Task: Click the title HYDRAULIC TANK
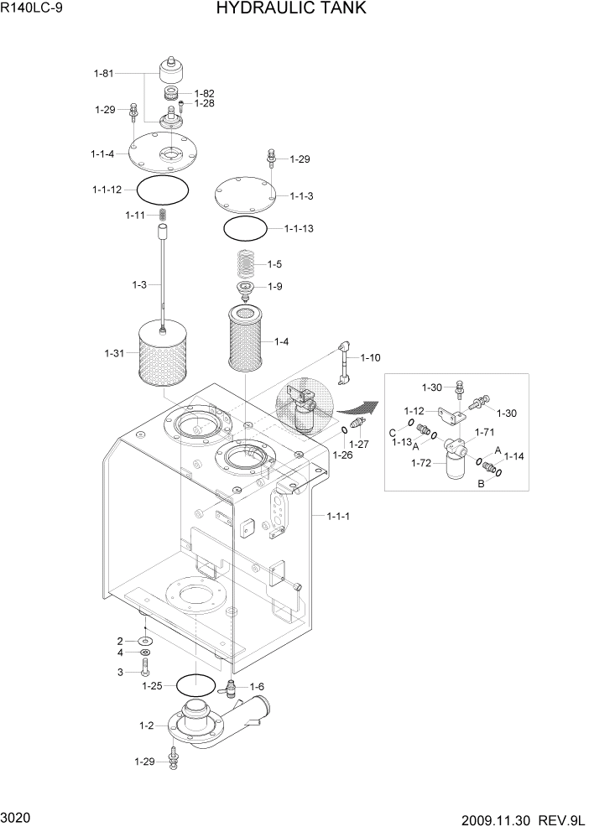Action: click(x=290, y=9)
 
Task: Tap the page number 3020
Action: click(x=17, y=816)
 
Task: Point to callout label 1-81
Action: click(x=103, y=74)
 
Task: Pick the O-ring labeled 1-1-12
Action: click(x=164, y=190)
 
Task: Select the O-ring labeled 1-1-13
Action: click(x=245, y=227)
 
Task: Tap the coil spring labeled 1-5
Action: click(x=245, y=264)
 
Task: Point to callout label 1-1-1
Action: click(x=337, y=516)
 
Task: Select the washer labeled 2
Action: click(x=145, y=641)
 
